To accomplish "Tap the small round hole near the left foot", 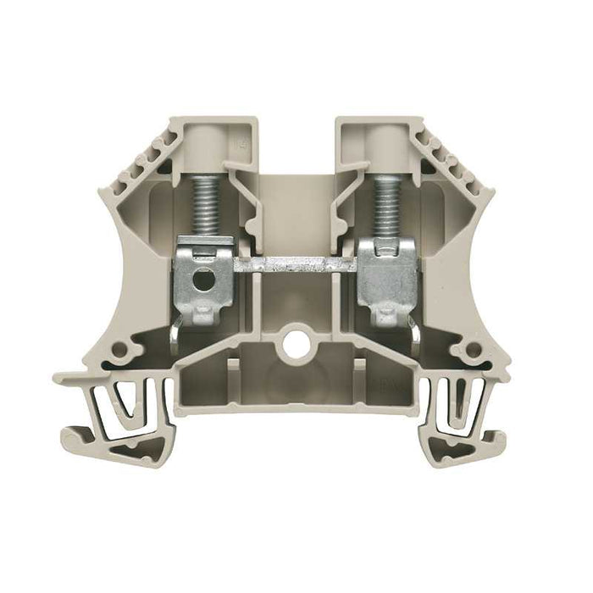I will tap(127, 348).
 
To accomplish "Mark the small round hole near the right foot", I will tap(464, 348).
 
